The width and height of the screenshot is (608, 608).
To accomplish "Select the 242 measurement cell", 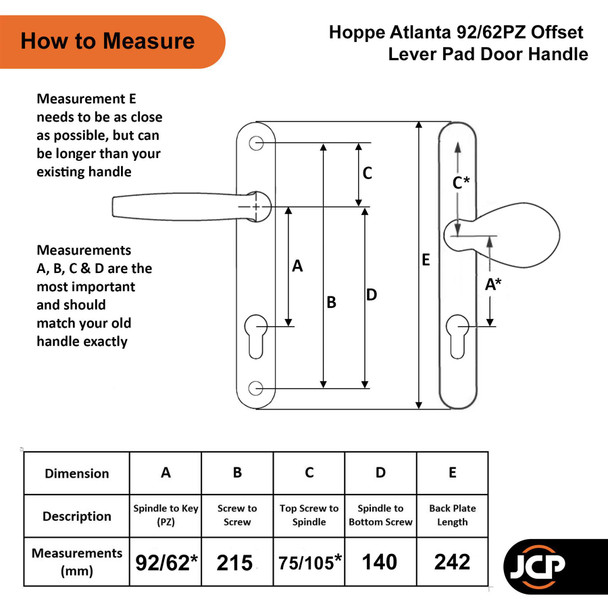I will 452,562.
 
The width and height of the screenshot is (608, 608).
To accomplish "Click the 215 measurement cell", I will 238,562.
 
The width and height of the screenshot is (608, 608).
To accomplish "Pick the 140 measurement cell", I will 380,562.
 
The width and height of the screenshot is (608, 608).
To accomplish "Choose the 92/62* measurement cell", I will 167,562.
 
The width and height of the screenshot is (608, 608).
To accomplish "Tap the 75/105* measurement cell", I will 308,562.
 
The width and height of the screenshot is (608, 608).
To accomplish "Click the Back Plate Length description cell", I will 452,516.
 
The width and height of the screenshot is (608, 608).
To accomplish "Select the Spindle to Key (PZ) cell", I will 167,516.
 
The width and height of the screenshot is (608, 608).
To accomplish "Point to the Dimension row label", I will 77,473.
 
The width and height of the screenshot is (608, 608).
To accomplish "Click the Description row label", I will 77,516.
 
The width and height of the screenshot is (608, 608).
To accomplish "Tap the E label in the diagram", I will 426,260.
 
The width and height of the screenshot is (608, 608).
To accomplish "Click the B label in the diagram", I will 331,301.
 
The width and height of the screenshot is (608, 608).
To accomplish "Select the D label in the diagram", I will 371,295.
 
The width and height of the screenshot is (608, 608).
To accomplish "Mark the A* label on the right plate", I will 493,284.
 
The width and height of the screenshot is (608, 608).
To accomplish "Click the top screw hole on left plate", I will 258,144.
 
